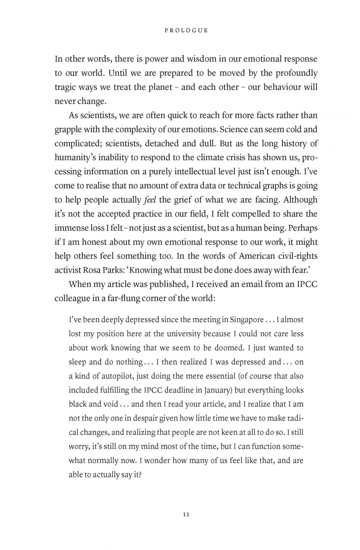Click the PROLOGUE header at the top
[186, 30]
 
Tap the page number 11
[186, 514]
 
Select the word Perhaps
[300, 228]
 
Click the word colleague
[73, 298]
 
